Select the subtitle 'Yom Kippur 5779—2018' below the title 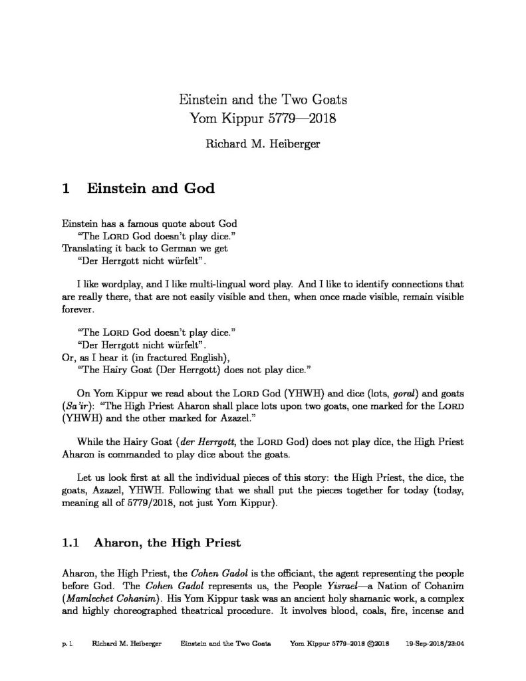pyautogui.click(x=263, y=120)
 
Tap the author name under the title pyautogui.click(x=263, y=142)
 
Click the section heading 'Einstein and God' pyautogui.click(x=148, y=188)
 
